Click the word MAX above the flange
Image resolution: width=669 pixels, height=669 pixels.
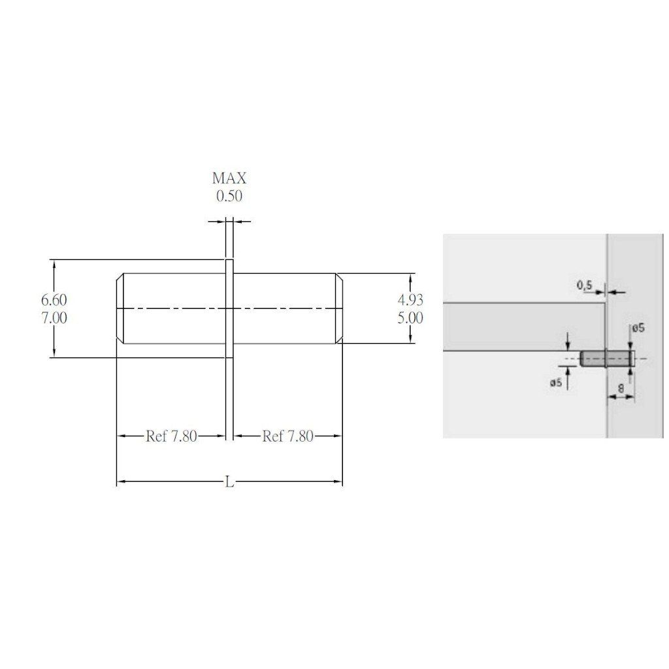229,178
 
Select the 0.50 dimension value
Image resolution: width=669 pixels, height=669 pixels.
229,196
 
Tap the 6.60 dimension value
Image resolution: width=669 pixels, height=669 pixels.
54,300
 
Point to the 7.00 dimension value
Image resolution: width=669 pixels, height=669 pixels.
54,318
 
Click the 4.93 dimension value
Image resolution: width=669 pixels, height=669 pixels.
410,300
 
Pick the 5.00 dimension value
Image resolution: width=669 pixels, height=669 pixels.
410,318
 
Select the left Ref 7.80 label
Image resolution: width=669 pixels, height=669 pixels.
172,436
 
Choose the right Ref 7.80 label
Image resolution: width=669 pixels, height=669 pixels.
288,436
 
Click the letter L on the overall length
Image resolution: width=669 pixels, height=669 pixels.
229,482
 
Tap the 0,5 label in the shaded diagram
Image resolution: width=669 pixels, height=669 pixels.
585,285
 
